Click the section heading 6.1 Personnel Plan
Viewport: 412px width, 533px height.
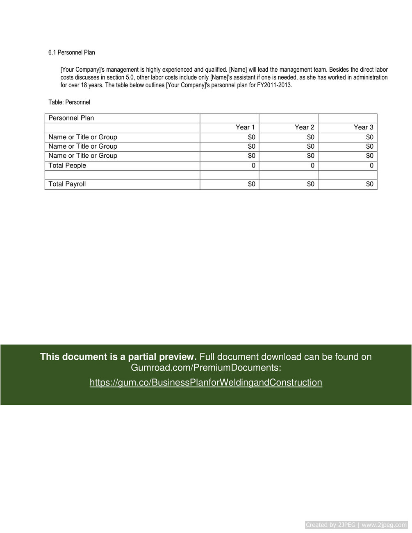coord(71,52)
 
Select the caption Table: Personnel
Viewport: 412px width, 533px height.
coord(69,102)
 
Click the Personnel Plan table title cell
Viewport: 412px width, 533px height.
coord(71,118)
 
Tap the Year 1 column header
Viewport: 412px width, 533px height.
coord(245,127)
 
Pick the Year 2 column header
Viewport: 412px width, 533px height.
coord(304,127)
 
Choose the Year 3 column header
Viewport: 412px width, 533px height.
coord(363,127)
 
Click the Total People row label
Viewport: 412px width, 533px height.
coord(67,166)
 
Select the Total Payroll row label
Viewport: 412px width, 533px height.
coord(67,184)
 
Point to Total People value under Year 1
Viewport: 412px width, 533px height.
coord(253,166)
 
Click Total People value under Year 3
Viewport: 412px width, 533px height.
coord(371,166)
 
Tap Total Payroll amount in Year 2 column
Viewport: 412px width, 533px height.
coord(311,184)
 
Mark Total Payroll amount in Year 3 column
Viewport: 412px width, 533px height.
coord(370,184)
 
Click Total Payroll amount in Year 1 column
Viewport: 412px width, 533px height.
coord(252,184)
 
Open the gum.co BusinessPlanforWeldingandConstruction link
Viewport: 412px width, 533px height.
coord(206,383)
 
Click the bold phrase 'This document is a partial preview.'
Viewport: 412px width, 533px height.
coord(118,357)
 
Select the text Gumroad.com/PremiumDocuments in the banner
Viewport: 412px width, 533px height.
coord(205,367)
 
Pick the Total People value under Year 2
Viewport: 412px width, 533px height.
coord(312,166)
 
